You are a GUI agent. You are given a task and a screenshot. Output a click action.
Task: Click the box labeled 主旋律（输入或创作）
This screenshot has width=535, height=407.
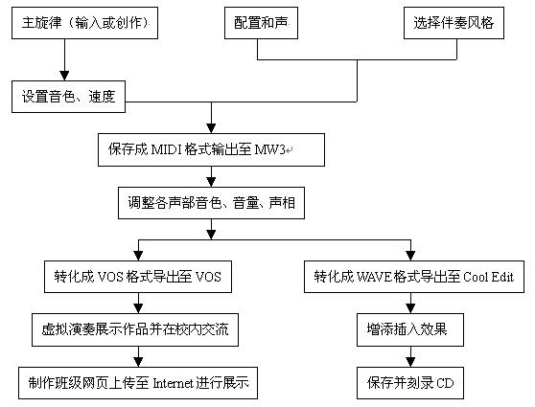tap(84, 23)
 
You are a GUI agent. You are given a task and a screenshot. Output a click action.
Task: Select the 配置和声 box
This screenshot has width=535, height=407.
tap(261, 23)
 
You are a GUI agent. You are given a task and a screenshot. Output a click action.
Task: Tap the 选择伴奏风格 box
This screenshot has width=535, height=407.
tap(454, 23)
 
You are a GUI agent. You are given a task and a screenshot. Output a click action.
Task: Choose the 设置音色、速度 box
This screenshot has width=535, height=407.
tap(69, 97)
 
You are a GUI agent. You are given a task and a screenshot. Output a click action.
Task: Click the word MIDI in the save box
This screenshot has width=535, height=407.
tap(166, 149)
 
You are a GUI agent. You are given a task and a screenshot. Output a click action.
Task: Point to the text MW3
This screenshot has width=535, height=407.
tap(269, 149)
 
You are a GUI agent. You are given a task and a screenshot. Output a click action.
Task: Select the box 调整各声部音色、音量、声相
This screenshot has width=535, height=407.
tap(211, 203)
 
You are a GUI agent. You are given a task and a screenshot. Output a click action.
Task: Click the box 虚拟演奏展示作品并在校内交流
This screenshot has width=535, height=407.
tap(135, 329)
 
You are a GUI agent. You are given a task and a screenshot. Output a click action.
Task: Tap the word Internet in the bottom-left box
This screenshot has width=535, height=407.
tap(173, 383)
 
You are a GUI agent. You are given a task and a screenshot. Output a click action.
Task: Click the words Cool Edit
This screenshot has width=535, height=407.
tap(489, 277)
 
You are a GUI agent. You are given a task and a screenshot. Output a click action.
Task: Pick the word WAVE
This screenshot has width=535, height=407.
tap(374, 277)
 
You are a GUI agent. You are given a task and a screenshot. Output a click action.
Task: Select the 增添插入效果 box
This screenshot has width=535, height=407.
tap(410, 329)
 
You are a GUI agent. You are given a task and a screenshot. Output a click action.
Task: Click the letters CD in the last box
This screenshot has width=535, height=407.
tap(445, 383)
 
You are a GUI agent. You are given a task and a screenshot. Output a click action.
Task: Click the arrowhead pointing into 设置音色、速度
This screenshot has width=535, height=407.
tap(64, 76)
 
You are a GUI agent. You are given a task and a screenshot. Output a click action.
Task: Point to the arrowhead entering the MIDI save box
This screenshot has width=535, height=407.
tap(211, 128)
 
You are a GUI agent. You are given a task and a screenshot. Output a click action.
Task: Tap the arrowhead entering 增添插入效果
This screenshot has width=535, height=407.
tap(410, 308)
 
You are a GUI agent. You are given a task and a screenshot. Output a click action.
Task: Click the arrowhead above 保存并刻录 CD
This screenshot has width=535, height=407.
tap(410, 362)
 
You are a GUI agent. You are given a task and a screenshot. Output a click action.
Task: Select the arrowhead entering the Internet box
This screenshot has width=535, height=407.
tap(138, 362)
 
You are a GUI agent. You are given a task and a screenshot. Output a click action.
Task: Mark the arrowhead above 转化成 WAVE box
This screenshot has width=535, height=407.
tap(410, 256)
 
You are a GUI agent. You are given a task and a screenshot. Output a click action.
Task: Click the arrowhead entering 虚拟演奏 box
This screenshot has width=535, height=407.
tap(138, 308)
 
